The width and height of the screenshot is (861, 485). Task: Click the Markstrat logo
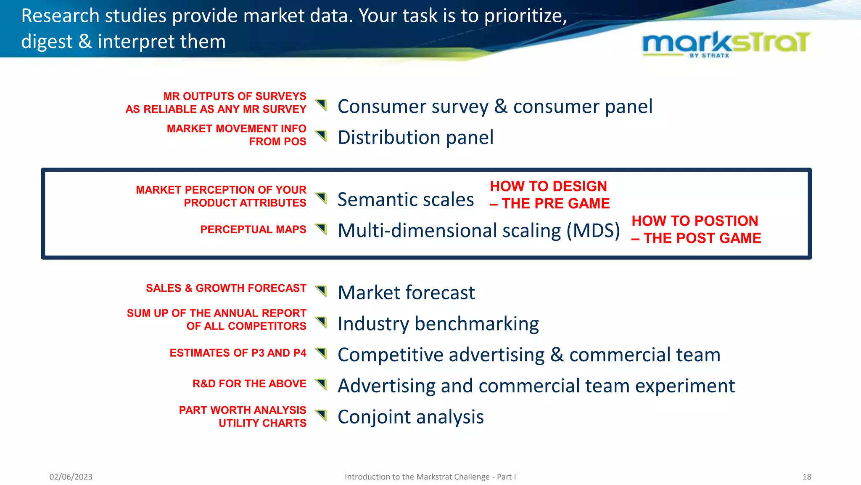[x=726, y=44]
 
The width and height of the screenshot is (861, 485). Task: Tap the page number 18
[x=806, y=477]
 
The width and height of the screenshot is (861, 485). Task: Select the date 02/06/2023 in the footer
[x=71, y=477]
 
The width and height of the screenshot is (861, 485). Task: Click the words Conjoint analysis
[x=410, y=417]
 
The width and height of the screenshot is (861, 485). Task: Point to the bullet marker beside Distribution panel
[x=321, y=136]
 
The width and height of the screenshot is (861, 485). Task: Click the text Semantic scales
[x=405, y=200]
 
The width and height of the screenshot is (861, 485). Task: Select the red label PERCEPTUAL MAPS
[x=253, y=229]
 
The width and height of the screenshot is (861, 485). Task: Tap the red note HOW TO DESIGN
[x=548, y=186]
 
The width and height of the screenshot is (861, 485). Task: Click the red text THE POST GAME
[x=702, y=238]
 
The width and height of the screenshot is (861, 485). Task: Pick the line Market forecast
[x=406, y=293]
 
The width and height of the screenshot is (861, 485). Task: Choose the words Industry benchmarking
[x=438, y=324]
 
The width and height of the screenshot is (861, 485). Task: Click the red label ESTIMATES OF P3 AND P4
[x=238, y=353]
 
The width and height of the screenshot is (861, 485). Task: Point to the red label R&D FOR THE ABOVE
[x=249, y=384]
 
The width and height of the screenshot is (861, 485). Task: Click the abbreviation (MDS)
[x=593, y=231]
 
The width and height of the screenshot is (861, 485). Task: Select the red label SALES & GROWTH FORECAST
[x=226, y=288]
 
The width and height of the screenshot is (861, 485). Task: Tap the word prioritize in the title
[x=525, y=16]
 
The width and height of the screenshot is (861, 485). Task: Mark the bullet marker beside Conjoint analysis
[x=321, y=415]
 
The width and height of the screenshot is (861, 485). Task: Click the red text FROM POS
[x=277, y=141]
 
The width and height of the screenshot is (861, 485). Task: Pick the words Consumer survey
[x=413, y=107]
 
